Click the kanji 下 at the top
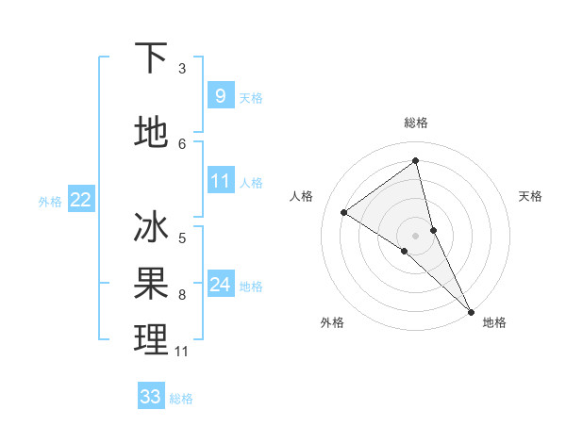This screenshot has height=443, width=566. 151,58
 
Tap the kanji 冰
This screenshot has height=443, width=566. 151,229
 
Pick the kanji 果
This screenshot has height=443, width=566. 151,282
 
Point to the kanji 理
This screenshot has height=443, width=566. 151,339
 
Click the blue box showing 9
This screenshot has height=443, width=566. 220,95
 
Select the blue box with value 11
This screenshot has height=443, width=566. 220,181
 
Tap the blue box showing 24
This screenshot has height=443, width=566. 220,285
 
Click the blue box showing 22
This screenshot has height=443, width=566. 81,199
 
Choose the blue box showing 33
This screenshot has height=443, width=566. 151,397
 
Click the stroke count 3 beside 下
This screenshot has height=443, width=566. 182,69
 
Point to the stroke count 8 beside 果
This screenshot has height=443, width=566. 182,295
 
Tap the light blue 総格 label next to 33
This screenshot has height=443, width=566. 181,399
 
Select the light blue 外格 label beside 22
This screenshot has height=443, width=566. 50,201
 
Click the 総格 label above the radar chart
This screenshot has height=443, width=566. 416,123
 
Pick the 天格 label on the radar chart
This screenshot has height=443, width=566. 530,196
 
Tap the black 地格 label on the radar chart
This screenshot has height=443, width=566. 494,322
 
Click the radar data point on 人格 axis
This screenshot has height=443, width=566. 344,212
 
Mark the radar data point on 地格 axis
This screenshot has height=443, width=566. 471,310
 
